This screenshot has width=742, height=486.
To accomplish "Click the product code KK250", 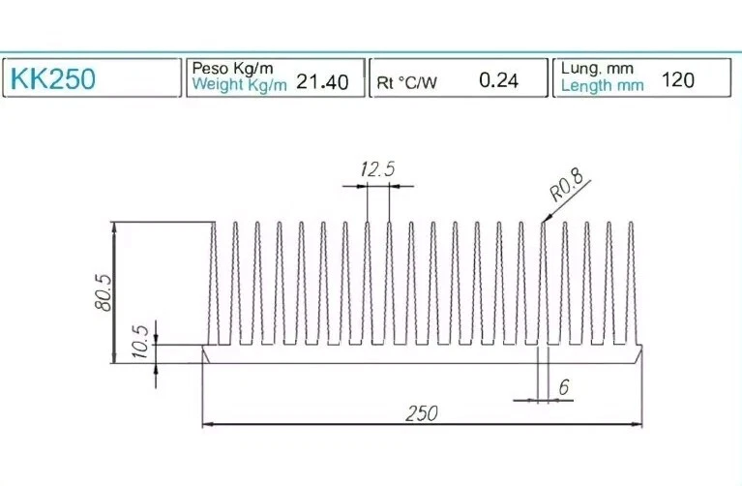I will (53, 78).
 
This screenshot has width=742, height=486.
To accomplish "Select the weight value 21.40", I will (322, 82).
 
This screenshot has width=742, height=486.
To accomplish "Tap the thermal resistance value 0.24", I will (499, 80).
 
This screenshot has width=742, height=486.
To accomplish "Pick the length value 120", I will (677, 79).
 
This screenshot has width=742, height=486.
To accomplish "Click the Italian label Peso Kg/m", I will (233, 68).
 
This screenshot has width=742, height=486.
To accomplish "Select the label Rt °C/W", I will (407, 82).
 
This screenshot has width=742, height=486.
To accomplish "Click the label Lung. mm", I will (597, 68).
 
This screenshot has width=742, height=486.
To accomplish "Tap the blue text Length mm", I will (602, 85).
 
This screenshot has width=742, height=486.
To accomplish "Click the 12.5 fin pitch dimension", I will (377, 169).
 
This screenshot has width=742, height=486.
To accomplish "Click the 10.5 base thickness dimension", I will (139, 342).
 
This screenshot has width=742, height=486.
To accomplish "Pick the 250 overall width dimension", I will (421, 412).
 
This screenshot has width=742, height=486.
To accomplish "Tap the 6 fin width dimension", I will (563, 387).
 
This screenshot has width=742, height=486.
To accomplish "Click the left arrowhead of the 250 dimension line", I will (207, 424).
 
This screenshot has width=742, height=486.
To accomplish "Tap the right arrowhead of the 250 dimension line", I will (637, 424).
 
